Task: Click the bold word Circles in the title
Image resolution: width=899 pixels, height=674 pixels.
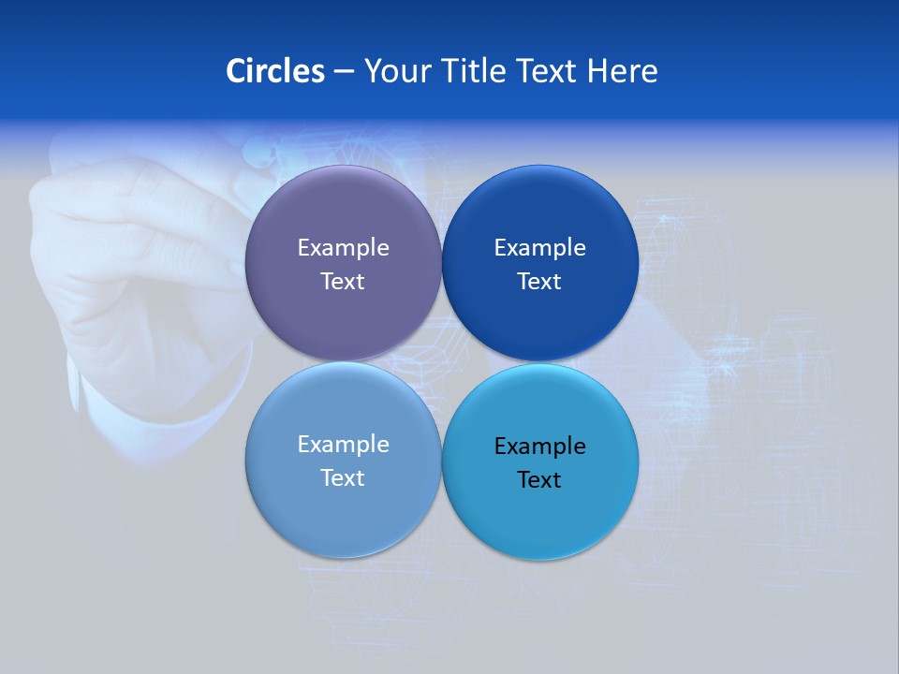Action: (275, 71)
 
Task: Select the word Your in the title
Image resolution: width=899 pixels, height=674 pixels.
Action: (394, 71)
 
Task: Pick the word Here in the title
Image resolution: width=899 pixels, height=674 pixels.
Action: (623, 71)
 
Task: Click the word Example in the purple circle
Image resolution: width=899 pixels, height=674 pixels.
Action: (343, 248)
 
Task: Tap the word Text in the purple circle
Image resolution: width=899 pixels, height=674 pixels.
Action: (343, 282)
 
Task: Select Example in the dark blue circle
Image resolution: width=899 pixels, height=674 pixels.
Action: (539, 248)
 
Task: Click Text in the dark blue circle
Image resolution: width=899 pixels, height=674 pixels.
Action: (539, 282)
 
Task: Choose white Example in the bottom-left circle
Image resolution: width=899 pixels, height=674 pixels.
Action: (343, 445)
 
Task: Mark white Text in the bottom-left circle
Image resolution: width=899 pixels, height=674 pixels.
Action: (343, 478)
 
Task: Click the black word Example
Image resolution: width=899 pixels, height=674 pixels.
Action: (539, 447)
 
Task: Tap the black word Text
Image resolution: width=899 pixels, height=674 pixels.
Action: (539, 480)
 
